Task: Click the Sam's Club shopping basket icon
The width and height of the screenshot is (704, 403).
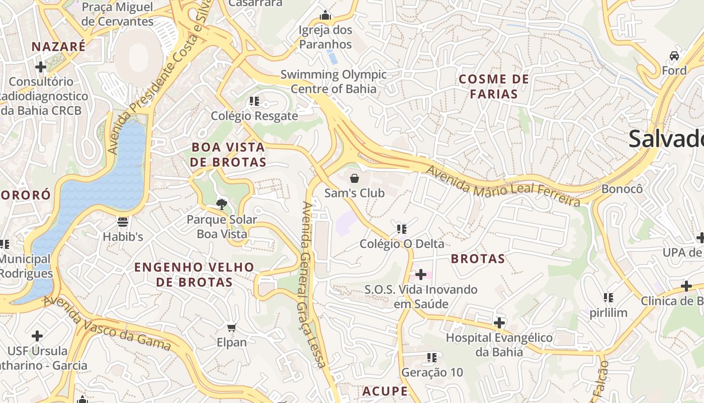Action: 355,178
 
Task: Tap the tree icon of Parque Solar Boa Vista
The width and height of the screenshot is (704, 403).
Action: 221,204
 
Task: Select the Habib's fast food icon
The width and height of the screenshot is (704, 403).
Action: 123,222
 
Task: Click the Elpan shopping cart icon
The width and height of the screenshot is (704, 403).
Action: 231,328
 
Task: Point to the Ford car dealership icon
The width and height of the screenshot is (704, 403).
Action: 674,55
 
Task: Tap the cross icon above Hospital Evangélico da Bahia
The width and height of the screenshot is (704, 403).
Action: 499,322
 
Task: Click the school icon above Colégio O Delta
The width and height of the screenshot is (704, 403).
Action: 401,229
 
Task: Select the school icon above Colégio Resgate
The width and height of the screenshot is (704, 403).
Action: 254,101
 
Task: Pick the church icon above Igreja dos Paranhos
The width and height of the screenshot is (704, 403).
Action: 325,16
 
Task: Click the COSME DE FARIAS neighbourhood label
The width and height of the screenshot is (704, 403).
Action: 494,86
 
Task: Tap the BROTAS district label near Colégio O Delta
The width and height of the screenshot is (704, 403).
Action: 478,259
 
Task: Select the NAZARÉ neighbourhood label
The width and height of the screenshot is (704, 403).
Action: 58,47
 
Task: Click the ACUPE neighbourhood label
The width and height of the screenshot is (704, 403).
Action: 385,391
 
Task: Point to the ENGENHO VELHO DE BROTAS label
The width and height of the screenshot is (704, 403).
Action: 194,275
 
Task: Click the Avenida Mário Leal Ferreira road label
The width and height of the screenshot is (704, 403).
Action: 503,186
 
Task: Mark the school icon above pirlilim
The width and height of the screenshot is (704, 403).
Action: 608,298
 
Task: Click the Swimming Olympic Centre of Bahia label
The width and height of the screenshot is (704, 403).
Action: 333,82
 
